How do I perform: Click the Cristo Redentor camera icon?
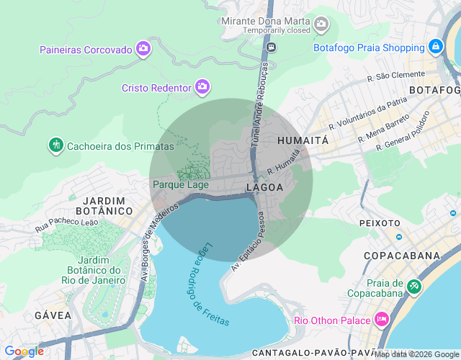pos(202,87)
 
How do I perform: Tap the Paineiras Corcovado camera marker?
pos(143,49)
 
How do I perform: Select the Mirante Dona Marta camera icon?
pos(321,25)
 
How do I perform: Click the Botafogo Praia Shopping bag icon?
pos(435,48)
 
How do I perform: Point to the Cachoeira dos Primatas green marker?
pos(55,145)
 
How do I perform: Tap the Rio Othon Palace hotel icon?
pos(382,319)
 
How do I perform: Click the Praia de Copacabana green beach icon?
pos(414,287)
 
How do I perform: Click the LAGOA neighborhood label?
pos(264,187)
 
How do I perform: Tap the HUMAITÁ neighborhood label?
pos(303,140)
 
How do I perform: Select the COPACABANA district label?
pos(401,256)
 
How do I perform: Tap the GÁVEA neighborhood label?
pos(53,315)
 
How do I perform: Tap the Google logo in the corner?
pos(24,351)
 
